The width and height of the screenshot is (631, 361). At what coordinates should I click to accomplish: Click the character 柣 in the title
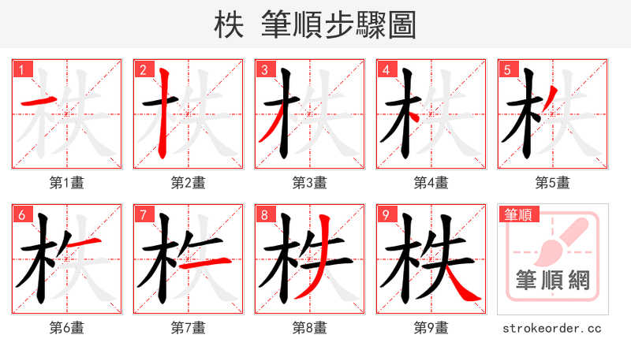229,25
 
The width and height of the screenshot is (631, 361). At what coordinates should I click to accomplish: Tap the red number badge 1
21,69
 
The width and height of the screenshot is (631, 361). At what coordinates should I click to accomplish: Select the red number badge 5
507,69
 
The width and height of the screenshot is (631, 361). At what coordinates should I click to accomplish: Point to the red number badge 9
386,214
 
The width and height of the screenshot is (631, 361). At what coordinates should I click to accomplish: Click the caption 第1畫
67,183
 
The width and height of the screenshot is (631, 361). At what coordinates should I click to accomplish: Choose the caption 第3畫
310,183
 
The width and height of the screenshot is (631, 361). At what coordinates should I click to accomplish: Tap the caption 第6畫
67,328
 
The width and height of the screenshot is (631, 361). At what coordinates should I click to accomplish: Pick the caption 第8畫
310,328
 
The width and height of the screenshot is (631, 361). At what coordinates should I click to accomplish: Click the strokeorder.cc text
552,328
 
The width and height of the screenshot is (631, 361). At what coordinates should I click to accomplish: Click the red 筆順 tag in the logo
517,214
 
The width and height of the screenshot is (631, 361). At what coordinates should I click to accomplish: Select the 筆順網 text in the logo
552,279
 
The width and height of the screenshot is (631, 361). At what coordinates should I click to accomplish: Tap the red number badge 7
143,214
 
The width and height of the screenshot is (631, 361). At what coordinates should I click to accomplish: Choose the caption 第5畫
552,183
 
